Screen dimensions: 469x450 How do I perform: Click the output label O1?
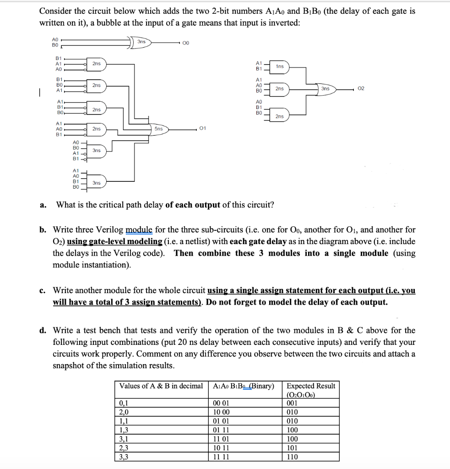(203, 129)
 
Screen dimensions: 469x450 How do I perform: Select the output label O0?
(185, 43)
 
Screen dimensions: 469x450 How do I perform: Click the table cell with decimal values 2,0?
(123, 412)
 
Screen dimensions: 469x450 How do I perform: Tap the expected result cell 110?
(292, 457)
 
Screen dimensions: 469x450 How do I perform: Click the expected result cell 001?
(292, 404)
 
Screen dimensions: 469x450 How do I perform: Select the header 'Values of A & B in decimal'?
(161, 386)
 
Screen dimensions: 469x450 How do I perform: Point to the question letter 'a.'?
(42, 205)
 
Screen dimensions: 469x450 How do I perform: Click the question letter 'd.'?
(42, 330)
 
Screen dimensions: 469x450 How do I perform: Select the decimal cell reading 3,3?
(123, 457)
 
